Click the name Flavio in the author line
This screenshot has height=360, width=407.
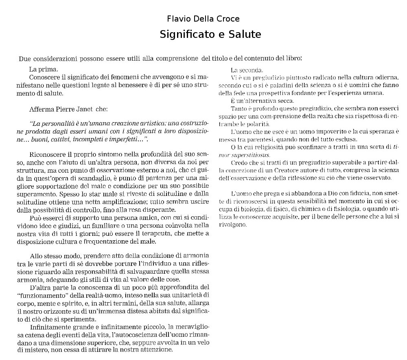click(178, 19)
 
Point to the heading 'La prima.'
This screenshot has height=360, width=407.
click(44, 69)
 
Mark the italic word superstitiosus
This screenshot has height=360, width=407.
click(251, 155)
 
